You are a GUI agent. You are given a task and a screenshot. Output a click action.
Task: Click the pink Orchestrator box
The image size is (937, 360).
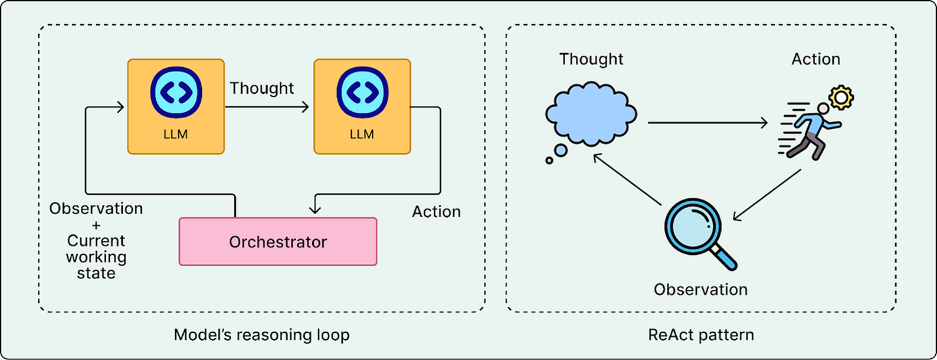point(278,241)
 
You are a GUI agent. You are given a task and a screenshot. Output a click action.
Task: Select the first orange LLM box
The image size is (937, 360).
point(176,106)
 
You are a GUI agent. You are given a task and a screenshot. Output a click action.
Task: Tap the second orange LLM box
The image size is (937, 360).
point(362,106)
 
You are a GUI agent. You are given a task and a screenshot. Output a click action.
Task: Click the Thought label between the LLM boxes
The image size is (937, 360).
point(261,88)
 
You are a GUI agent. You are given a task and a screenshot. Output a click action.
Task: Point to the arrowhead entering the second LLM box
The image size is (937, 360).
point(306,107)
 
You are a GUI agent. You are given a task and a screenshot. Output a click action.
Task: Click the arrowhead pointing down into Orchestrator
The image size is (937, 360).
point(315,208)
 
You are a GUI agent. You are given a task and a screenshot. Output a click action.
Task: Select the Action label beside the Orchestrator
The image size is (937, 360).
point(436,212)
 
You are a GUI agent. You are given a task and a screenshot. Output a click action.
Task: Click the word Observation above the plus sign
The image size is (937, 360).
point(96,208)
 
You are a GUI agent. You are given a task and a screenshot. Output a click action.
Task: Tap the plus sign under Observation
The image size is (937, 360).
point(96,225)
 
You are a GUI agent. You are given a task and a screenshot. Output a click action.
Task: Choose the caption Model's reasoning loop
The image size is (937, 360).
point(261,335)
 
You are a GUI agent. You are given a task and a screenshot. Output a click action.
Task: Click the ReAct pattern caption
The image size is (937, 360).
point(701,335)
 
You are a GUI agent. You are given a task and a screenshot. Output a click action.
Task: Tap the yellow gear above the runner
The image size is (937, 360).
point(841,97)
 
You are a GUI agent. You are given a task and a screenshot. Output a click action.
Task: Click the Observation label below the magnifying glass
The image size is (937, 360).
point(700,290)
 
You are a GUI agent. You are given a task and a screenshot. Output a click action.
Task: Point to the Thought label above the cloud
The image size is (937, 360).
point(591,59)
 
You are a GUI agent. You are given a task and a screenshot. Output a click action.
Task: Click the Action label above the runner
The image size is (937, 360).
point(815,59)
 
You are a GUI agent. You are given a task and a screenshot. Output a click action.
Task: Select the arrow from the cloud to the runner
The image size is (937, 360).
point(708,123)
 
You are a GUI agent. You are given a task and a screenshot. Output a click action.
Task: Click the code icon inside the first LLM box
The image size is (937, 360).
point(176,93)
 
